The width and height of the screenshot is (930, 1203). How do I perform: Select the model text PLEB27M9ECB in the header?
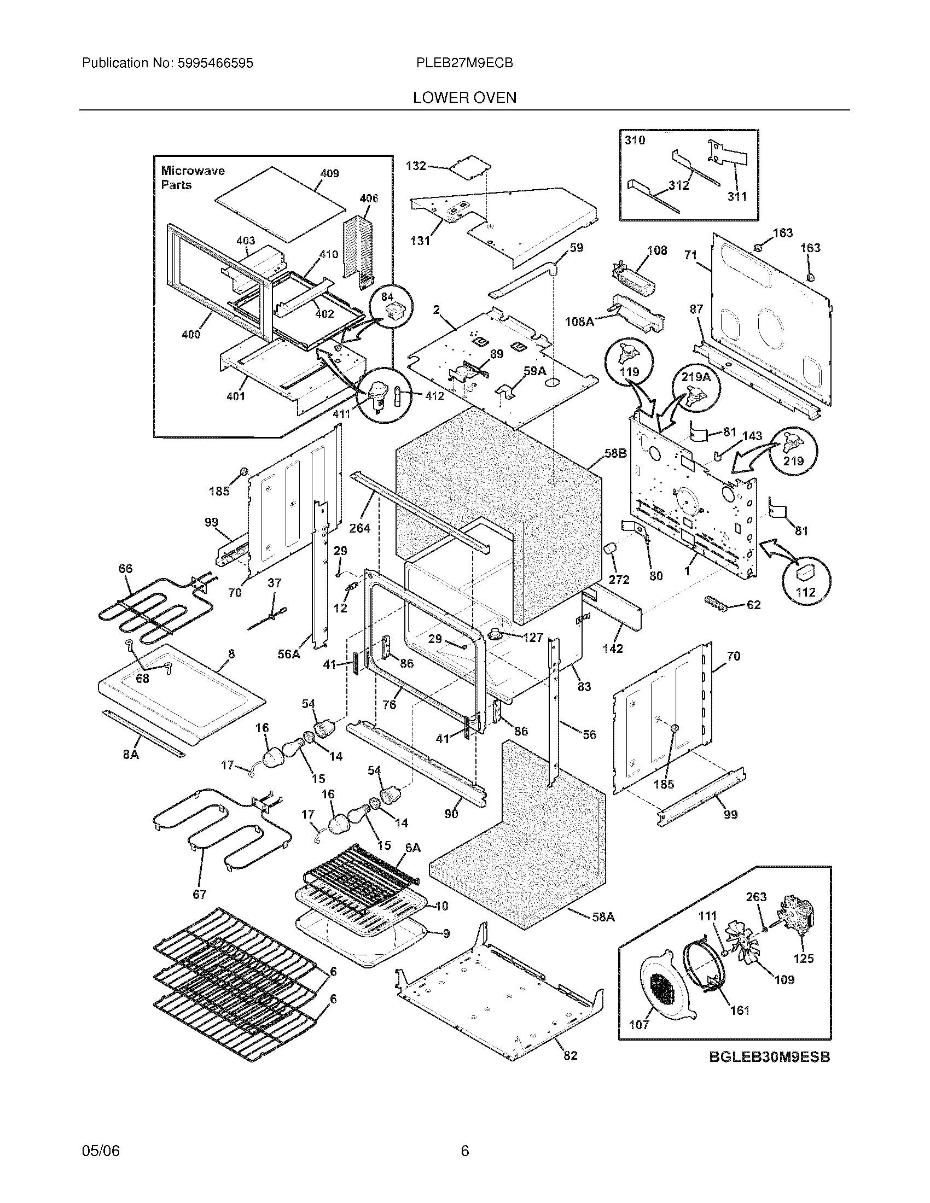pyautogui.click(x=464, y=63)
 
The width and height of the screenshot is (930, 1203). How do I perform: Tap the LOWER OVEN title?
pyautogui.click(x=464, y=98)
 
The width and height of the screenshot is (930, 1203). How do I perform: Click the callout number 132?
pyautogui.click(x=416, y=166)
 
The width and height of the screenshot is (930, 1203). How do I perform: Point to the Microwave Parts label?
pyautogui.click(x=192, y=178)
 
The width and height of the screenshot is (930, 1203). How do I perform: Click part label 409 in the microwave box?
pyautogui.click(x=329, y=173)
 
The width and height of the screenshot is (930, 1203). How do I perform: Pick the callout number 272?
pyautogui.click(x=619, y=579)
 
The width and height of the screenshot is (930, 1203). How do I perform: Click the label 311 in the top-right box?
pyautogui.click(x=737, y=196)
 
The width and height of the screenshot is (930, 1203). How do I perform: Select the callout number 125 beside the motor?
pyautogui.click(x=803, y=959)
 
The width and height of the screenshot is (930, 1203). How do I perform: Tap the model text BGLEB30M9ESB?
pyautogui.click(x=769, y=1057)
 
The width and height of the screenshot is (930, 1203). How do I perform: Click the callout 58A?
pyautogui.click(x=603, y=916)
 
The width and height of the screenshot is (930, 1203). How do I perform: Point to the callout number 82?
pyautogui.click(x=570, y=1055)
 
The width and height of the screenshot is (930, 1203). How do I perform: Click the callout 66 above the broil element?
pyautogui.click(x=126, y=569)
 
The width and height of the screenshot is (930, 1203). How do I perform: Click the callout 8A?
pyautogui.click(x=131, y=755)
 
